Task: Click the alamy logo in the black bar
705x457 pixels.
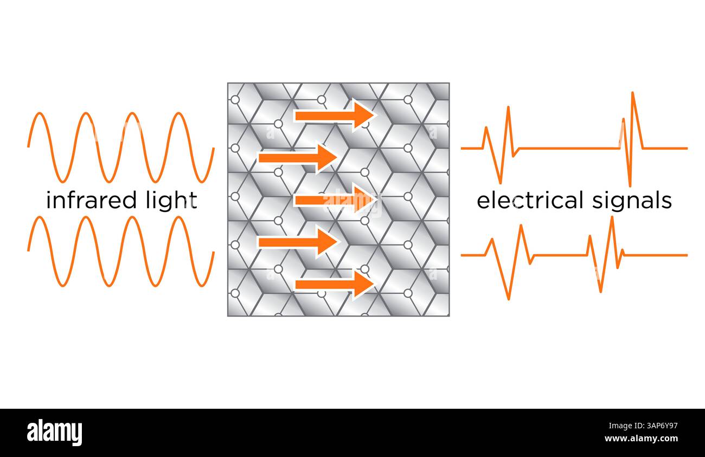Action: tap(54, 433)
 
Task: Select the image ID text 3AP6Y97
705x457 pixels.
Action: tap(658, 426)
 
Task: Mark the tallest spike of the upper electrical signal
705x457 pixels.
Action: tap(633, 94)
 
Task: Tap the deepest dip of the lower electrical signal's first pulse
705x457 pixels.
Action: tap(508, 298)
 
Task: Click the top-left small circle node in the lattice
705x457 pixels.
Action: tap(235, 100)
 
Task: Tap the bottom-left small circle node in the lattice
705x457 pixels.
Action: tap(235, 293)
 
